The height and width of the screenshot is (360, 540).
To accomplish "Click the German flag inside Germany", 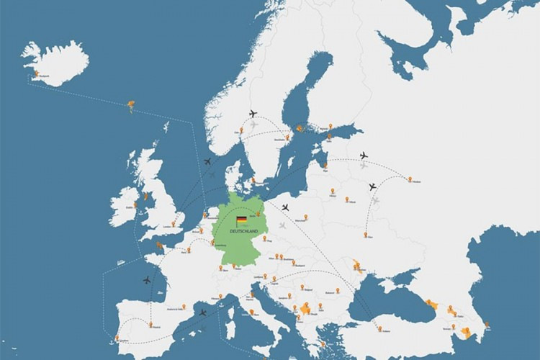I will (x=242, y=220).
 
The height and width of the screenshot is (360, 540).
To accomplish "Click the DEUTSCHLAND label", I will (x=243, y=231).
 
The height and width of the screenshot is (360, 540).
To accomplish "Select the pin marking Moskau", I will (x=410, y=179).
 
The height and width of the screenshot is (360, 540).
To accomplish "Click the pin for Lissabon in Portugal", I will (x=116, y=337).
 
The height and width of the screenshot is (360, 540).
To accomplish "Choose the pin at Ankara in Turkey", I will (x=379, y=328).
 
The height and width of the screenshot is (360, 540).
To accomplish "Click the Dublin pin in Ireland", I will (x=134, y=204).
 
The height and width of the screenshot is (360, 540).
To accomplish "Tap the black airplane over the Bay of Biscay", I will (x=147, y=279).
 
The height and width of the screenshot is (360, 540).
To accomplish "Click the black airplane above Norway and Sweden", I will (x=253, y=114).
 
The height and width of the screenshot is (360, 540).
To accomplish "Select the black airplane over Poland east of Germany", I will (x=285, y=207).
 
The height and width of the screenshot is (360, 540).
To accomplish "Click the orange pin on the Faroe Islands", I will (x=130, y=107).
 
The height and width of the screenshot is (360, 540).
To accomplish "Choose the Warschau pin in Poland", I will (x=305, y=215).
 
